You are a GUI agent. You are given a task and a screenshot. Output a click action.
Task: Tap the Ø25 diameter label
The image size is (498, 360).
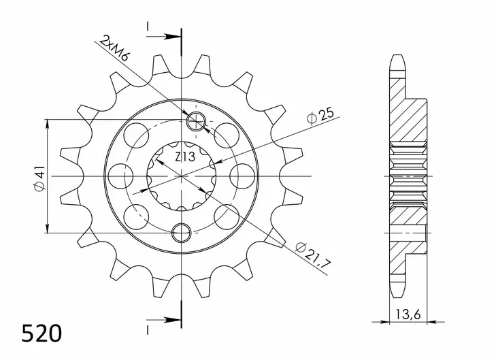tap(319, 117)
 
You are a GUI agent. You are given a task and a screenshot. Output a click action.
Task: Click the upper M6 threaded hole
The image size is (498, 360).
tap(195, 122)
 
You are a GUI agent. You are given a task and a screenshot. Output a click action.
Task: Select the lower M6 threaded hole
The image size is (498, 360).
tap(182, 233)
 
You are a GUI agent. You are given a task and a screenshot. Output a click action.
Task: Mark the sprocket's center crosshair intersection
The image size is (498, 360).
tap(182, 176)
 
